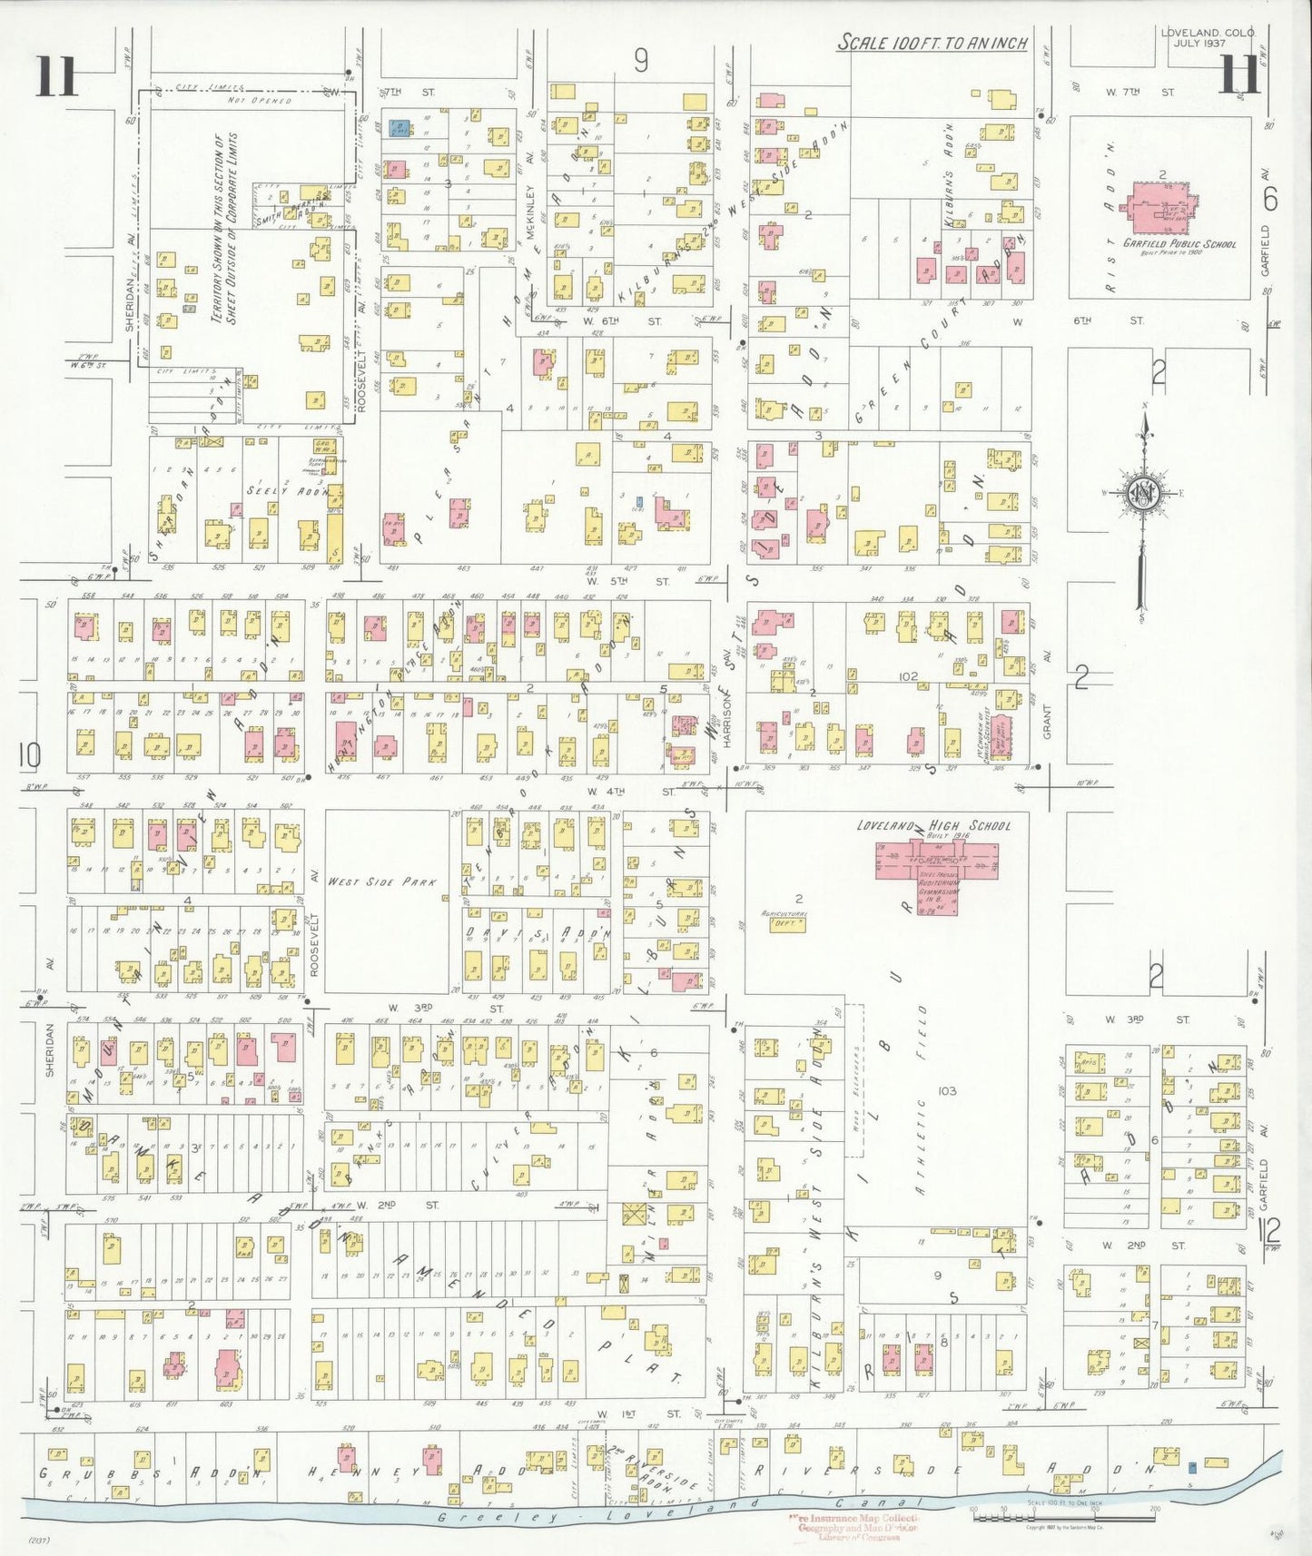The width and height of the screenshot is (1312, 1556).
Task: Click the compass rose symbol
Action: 1143,495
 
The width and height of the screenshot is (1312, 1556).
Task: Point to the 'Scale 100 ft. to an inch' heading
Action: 932,43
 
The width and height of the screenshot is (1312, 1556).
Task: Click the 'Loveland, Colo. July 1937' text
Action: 1207,37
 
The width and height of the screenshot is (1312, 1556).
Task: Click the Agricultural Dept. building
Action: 786,923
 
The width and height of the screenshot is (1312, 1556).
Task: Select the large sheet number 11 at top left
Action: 56,76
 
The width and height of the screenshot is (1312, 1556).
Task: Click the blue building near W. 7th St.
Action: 398,128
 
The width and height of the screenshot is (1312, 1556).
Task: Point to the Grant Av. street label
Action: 1046,722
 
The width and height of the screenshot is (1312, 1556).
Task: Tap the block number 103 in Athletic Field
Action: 946,1090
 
